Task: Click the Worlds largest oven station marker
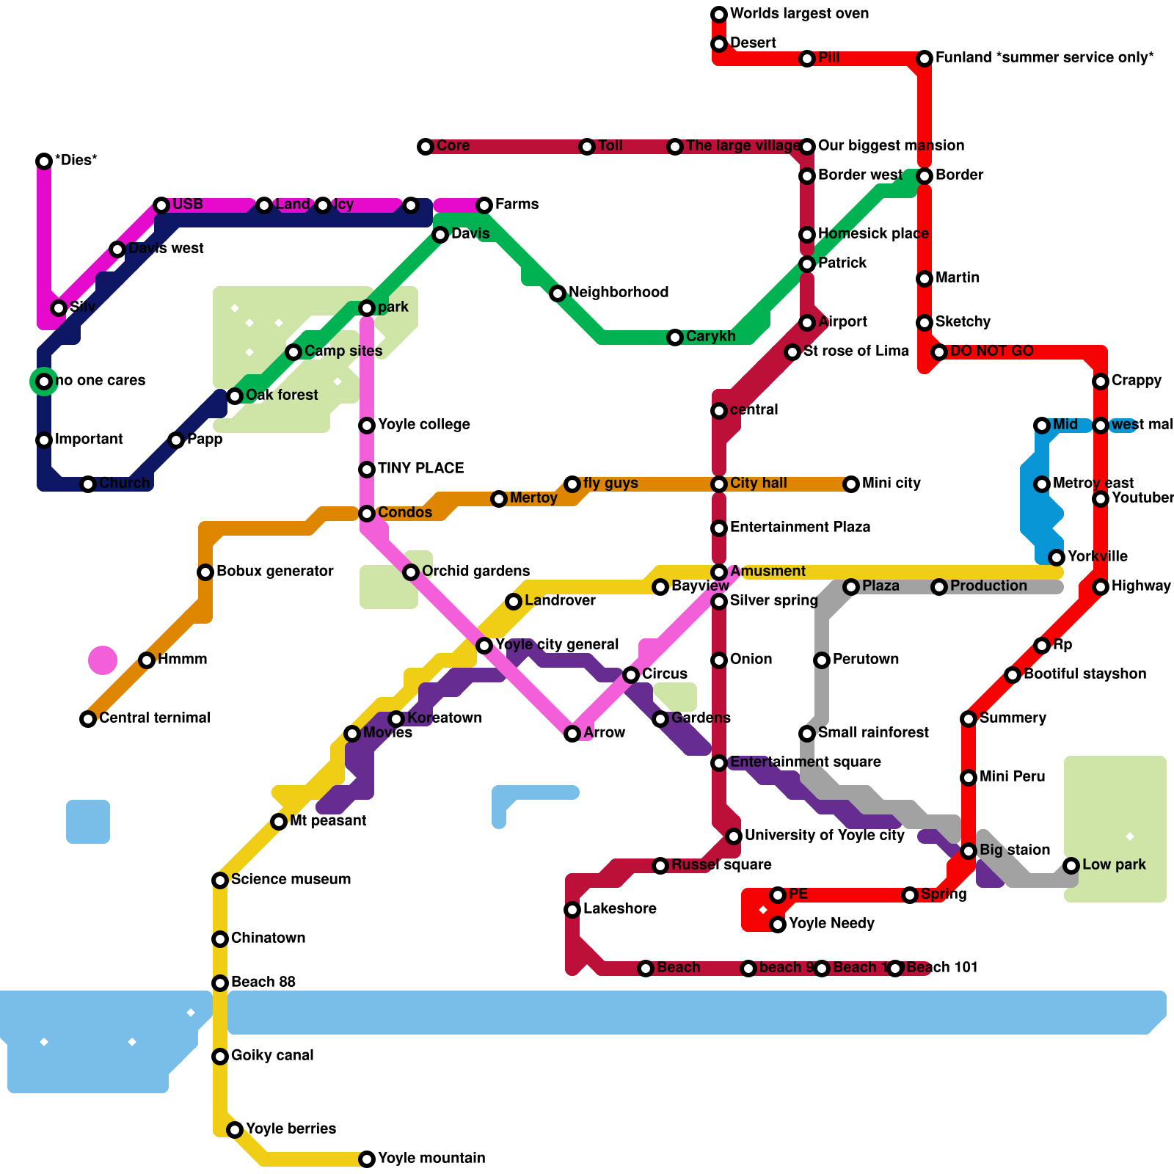point(719,15)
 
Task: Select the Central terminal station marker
point(88,719)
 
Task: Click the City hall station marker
point(719,484)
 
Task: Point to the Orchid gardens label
point(475,572)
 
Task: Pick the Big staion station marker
point(969,851)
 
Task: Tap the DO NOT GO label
point(991,351)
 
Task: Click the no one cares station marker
point(44,382)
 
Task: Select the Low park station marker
point(1071,866)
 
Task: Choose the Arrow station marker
point(572,734)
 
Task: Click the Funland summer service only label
point(1044,58)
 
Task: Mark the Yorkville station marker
point(1057,558)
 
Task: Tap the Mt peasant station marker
point(279,822)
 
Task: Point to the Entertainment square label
point(805,762)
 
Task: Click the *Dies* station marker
point(44,161)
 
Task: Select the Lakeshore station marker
point(572,910)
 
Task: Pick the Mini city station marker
point(851,484)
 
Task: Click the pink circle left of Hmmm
point(103,660)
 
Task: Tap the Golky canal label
point(271,1056)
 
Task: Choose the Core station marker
point(426,147)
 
